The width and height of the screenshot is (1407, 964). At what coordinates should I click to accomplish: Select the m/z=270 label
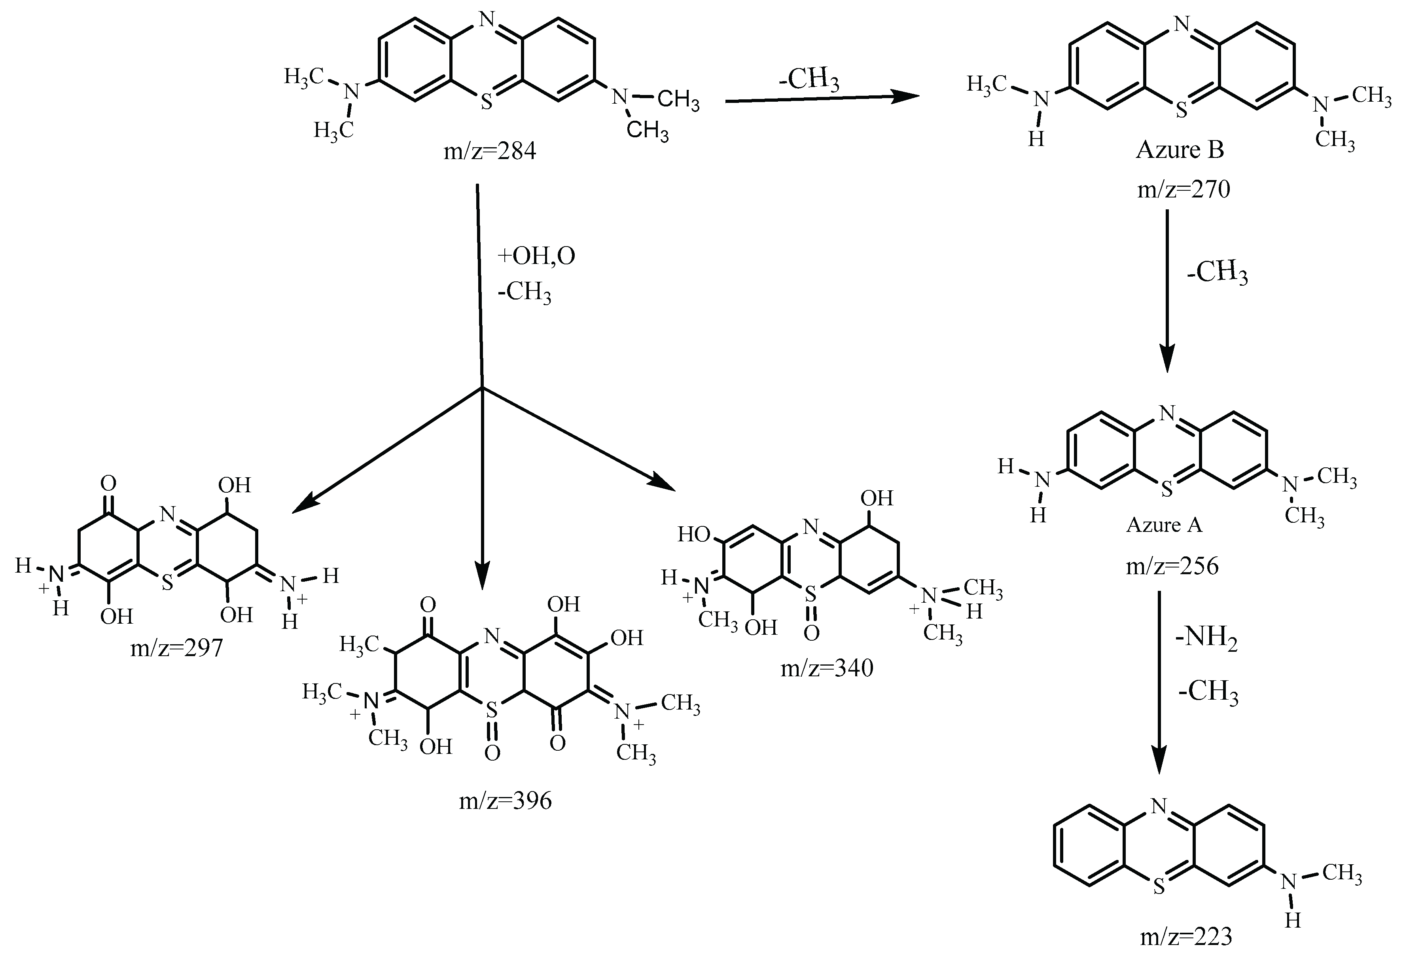[x=1183, y=190]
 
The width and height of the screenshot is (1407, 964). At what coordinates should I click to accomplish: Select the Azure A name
[x=1164, y=525]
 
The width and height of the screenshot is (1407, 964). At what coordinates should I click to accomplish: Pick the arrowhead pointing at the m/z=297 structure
[x=303, y=506]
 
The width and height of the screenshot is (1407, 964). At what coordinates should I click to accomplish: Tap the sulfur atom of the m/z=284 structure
[x=486, y=102]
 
